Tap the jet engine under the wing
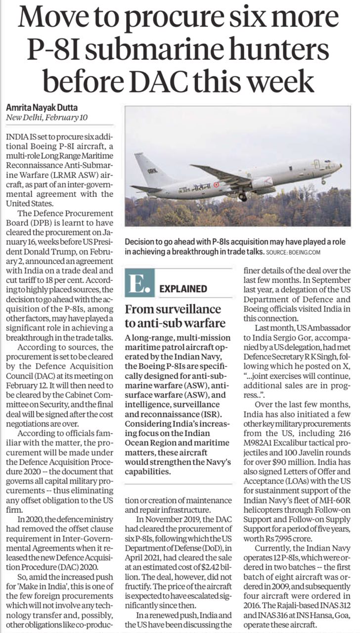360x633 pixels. [262, 183]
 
